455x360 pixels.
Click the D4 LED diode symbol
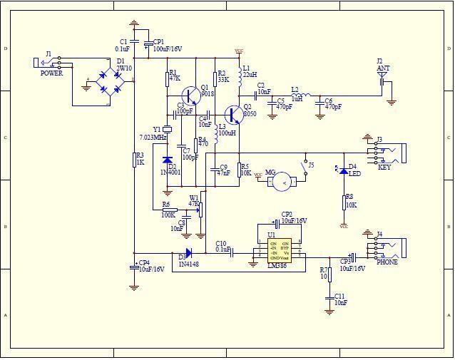click(343, 171)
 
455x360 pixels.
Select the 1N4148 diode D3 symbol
click(188, 253)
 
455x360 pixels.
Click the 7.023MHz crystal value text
click(153, 137)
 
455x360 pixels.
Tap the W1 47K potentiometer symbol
click(200, 208)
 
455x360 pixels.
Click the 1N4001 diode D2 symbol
click(167, 160)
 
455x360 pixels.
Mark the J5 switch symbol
click(305, 171)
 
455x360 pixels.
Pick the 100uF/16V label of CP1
click(168, 49)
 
